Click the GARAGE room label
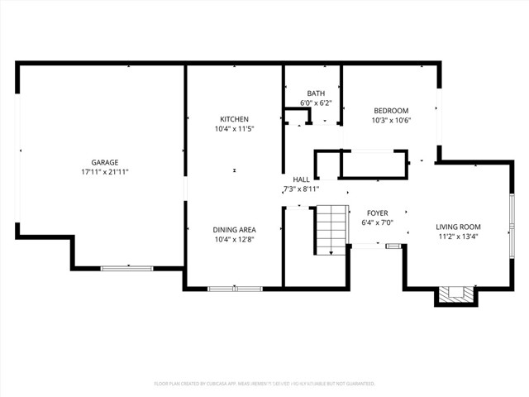(105, 162)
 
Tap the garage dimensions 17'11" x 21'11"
(105, 172)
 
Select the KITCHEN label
(234, 119)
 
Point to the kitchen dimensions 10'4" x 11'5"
(234, 129)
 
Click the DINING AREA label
(235, 229)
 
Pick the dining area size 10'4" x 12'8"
(235, 239)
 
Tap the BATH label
(315, 93)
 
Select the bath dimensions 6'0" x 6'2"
(315, 103)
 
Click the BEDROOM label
(391, 111)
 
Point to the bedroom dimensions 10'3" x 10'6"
(391, 121)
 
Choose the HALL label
(301, 179)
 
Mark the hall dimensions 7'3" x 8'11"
(301, 189)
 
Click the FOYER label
(377, 213)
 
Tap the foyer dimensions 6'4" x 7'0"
(377, 222)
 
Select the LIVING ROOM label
(458, 227)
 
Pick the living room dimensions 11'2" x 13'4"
(458, 237)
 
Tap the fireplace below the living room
(456, 294)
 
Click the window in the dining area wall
(235, 289)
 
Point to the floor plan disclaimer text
(264, 384)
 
